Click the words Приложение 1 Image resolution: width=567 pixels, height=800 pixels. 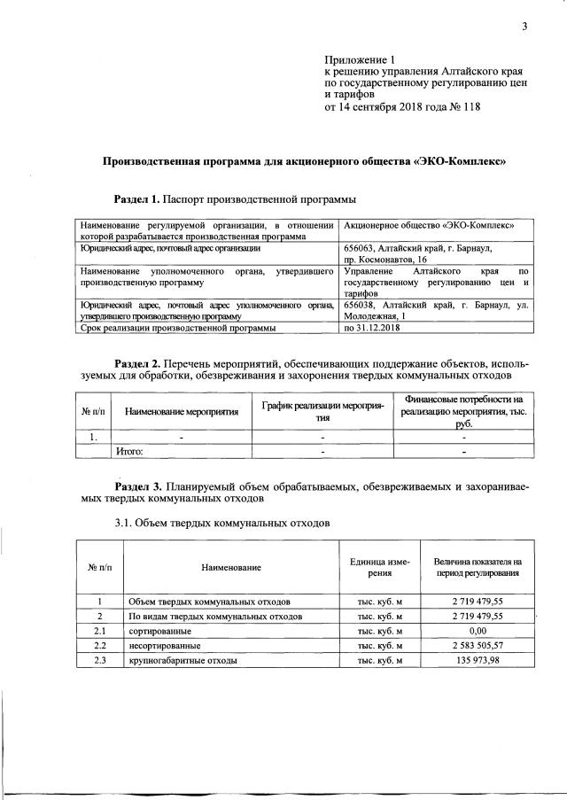[352, 58]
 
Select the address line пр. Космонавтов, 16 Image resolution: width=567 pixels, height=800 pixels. [386, 260]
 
